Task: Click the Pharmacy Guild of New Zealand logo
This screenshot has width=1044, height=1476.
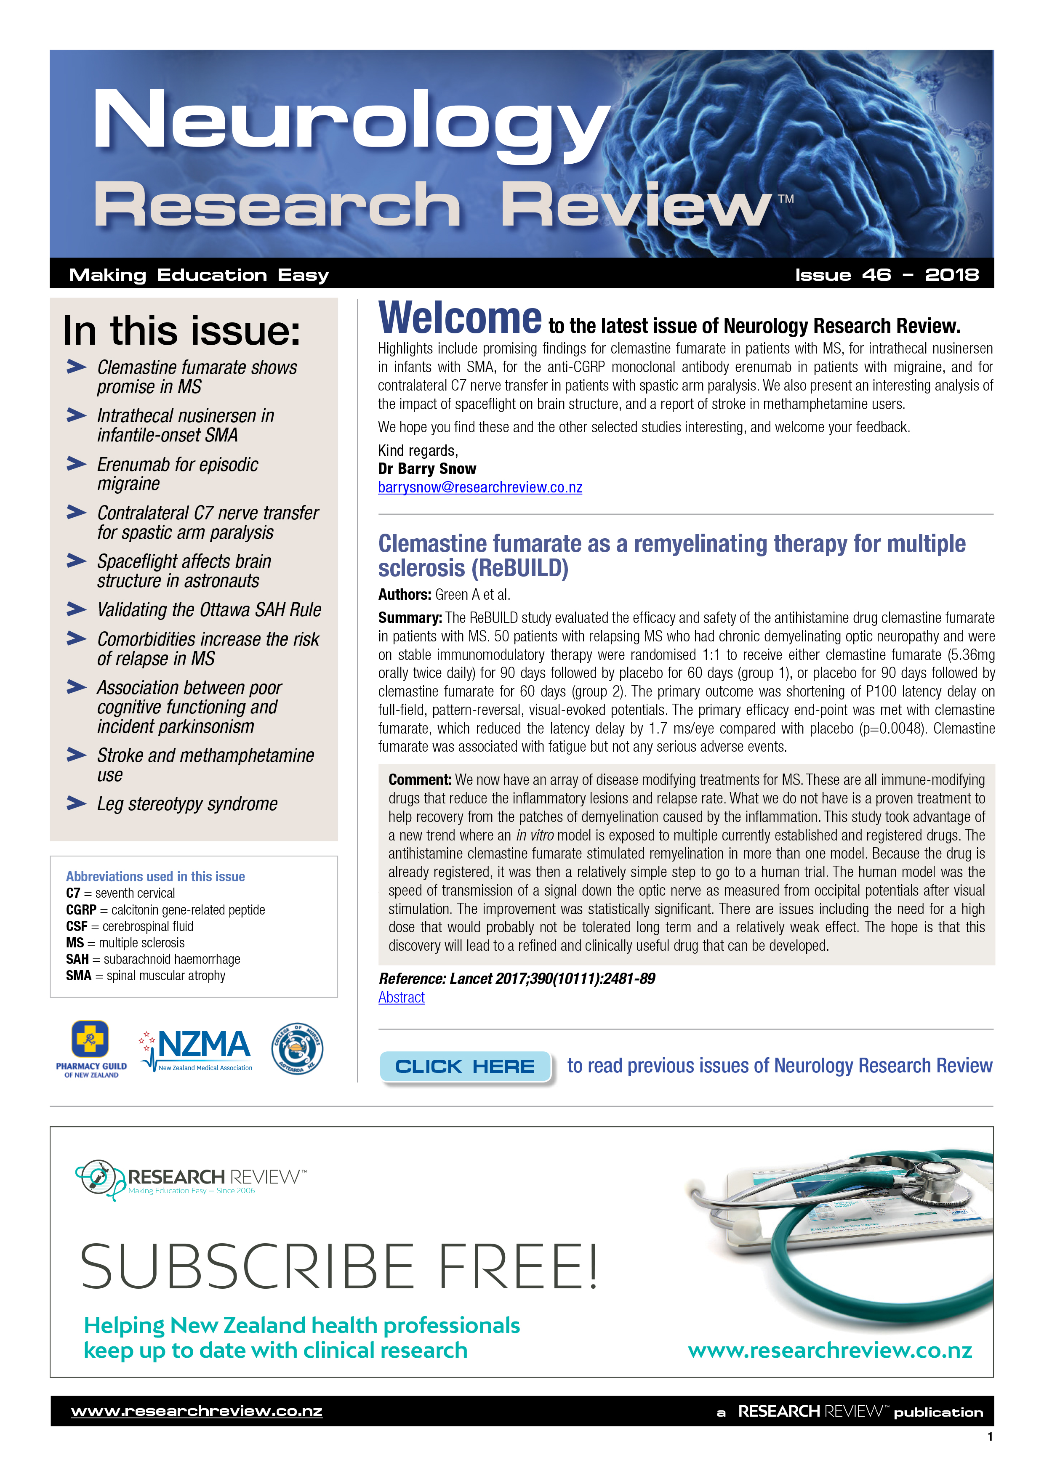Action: point(91,1048)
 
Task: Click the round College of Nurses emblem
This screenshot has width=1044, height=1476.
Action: point(297,1048)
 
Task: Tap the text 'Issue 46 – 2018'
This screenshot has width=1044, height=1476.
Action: point(887,275)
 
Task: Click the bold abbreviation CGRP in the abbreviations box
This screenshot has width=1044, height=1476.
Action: point(81,910)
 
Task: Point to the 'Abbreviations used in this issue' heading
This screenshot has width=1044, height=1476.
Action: point(155,876)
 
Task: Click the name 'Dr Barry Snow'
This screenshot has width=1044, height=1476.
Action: point(427,469)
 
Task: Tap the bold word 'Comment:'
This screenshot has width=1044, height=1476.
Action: point(420,780)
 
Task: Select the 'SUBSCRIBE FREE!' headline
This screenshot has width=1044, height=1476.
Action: point(339,1267)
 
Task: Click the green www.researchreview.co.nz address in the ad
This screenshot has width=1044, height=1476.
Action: point(829,1350)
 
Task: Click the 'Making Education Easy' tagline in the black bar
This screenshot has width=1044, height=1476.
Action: point(199,275)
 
